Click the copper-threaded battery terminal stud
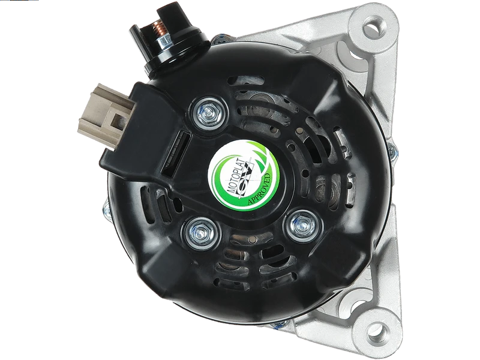(158, 29)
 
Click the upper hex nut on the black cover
(209, 113)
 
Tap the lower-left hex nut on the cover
(201, 233)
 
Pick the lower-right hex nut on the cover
(303, 226)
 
